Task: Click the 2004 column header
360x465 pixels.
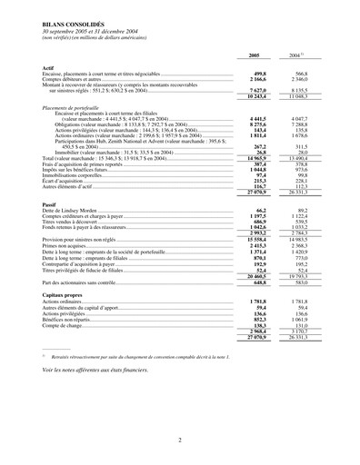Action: (294, 56)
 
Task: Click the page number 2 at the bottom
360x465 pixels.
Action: (180, 440)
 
